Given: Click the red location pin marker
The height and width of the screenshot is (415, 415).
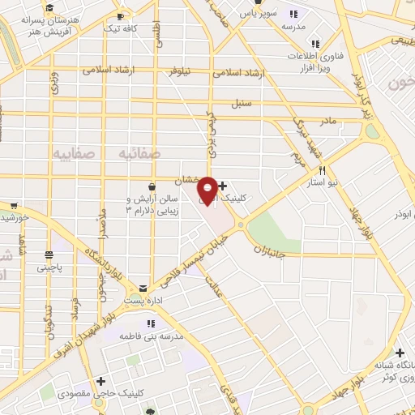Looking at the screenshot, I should [x=207, y=190].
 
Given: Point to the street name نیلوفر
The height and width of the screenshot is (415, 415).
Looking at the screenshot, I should [x=181, y=71].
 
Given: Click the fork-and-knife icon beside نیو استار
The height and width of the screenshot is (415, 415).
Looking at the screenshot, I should [x=323, y=170].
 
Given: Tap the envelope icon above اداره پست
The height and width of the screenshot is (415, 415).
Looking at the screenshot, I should [x=143, y=287].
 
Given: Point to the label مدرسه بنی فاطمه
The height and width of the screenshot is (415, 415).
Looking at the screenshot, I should [x=153, y=335].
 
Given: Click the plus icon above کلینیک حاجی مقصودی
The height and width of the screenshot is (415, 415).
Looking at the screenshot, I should [x=101, y=381].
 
